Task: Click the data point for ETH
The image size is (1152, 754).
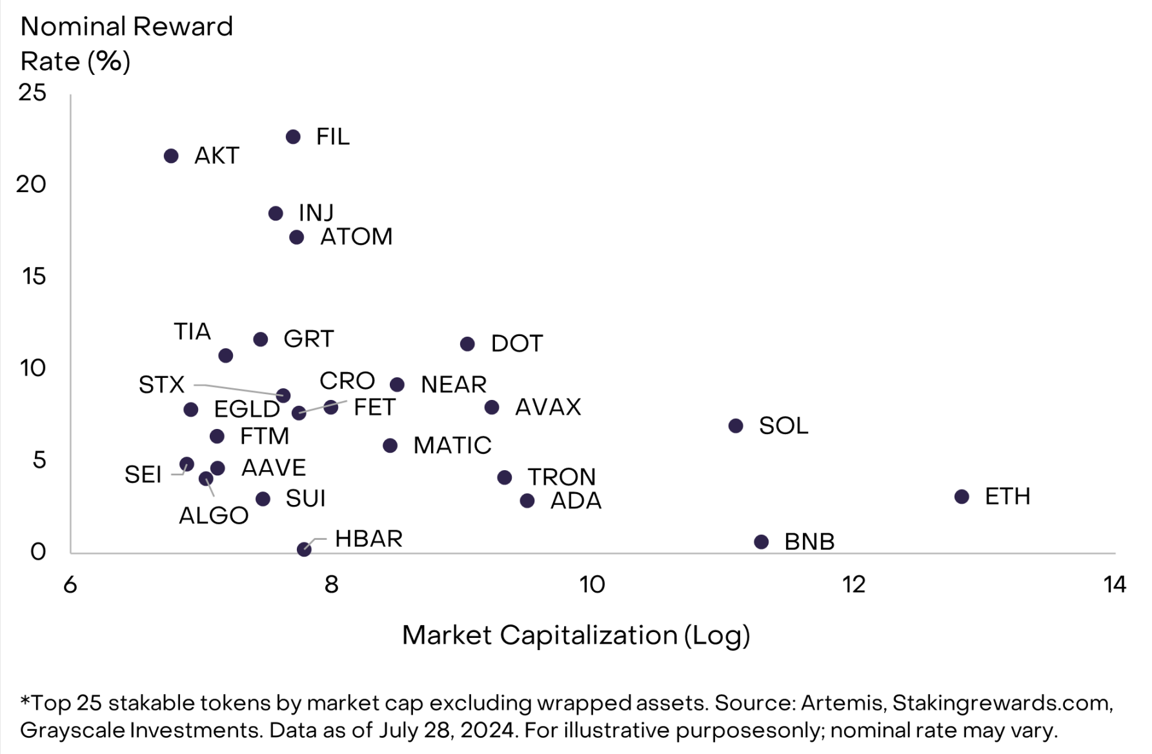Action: click(x=962, y=497)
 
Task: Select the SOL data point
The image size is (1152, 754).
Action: click(x=736, y=426)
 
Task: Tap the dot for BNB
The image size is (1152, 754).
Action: click(x=762, y=542)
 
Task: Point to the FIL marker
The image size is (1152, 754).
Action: click(x=293, y=137)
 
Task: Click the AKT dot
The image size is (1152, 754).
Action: click(x=171, y=156)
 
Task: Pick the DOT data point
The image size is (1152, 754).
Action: click(x=467, y=344)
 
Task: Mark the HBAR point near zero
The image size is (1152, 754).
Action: click(x=304, y=549)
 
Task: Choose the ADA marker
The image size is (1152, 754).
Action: click(x=527, y=501)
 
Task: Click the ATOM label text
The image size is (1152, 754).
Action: click(x=356, y=237)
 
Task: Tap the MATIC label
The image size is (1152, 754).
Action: click(x=452, y=445)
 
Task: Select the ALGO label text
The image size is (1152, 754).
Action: click(x=214, y=515)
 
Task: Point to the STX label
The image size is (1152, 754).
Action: click(x=161, y=385)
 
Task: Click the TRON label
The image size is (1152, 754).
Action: click(x=561, y=477)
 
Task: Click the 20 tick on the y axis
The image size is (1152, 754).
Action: click(x=31, y=184)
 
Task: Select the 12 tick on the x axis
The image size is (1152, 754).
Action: click(x=854, y=584)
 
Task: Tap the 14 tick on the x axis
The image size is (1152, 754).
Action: click(x=1115, y=584)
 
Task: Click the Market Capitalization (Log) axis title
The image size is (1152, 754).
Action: click(x=576, y=635)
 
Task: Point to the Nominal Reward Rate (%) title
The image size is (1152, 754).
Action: click(x=126, y=44)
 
